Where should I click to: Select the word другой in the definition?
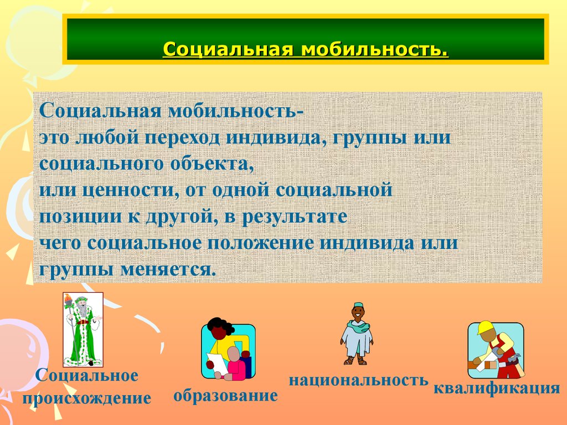(x=179, y=216)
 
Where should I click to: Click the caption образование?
(x=225, y=396)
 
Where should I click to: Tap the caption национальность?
(x=358, y=381)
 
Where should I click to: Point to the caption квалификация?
(x=497, y=388)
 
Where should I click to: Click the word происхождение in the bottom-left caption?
(x=86, y=398)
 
